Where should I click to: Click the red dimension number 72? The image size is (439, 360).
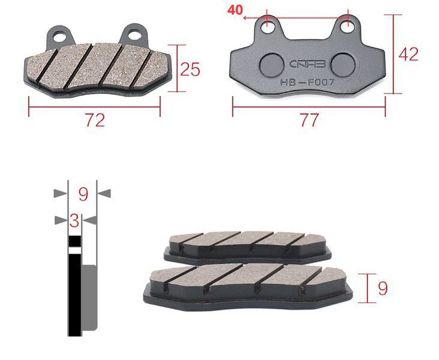(x=95, y=120)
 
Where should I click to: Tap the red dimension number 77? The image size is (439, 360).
(x=309, y=120)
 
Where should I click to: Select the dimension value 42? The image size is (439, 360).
(x=408, y=55)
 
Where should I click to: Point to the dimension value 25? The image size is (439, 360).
(x=190, y=69)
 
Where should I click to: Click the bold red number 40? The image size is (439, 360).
(x=235, y=10)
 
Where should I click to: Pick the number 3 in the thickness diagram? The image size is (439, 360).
(x=74, y=221)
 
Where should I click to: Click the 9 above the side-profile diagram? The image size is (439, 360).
(x=83, y=194)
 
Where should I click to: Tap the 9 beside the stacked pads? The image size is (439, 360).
(x=383, y=288)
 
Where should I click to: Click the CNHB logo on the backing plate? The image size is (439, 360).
(x=307, y=64)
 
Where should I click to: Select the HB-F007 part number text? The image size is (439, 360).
(x=307, y=83)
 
